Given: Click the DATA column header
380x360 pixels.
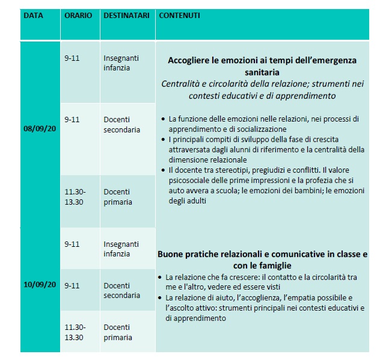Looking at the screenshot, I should tap(33, 15).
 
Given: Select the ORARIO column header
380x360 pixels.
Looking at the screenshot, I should tap(78, 15).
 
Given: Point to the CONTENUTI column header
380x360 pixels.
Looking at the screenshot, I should tap(179, 15).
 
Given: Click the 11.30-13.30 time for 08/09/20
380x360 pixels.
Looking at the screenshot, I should tap(75, 197).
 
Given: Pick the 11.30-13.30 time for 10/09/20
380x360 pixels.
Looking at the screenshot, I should tap(75, 331).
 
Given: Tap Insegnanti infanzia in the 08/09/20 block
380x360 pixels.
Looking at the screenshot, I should tap(121, 63).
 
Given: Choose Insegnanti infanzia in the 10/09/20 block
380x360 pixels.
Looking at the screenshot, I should tap(121, 249).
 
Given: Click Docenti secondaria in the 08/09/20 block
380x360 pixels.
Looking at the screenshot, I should tap(122, 125).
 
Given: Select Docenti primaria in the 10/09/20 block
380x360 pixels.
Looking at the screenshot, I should tap(117, 331).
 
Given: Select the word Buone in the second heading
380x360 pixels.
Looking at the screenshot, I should tap(171, 254).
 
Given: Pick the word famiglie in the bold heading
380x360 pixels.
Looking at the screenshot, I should tap(275, 265).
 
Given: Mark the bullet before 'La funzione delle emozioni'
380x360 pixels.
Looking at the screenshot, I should tap(164, 119).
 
